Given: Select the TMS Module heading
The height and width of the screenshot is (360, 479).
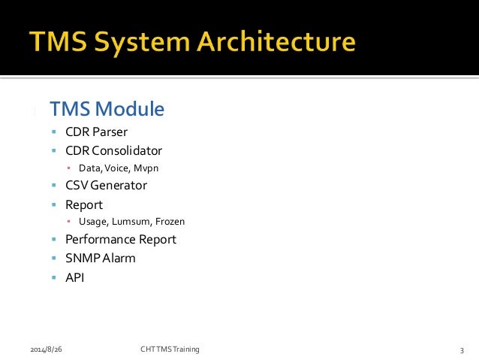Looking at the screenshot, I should (107, 109).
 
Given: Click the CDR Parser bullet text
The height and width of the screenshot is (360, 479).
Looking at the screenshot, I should (95, 133).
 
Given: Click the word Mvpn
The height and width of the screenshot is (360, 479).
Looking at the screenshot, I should (147, 168).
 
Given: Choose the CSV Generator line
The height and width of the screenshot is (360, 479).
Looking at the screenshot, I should (106, 185).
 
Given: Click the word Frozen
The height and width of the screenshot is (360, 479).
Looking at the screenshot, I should (169, 222).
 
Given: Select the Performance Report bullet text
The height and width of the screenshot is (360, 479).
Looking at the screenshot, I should (120, 240).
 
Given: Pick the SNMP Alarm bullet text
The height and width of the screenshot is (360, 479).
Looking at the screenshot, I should (100, 258).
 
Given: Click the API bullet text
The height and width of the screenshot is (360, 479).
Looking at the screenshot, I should (75, 277).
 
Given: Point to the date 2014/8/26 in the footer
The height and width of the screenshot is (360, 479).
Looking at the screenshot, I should (47, 349).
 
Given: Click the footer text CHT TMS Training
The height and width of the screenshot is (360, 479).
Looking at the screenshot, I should (170, 349).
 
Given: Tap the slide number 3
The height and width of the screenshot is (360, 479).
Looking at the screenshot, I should (462, 350).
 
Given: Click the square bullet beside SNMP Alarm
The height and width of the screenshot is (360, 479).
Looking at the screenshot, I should (54, 259).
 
